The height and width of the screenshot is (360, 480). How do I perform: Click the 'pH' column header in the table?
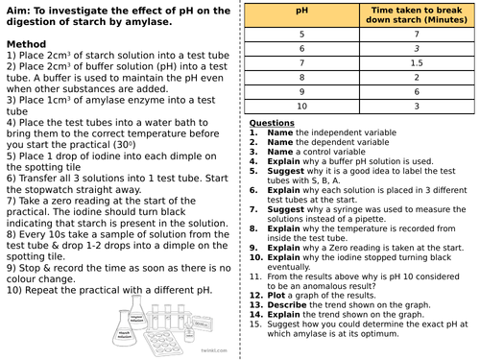[x=301, y=15]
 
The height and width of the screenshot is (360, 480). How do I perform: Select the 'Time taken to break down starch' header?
[x=417, y=15]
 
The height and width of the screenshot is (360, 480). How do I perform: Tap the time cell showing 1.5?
[x=417, y=60]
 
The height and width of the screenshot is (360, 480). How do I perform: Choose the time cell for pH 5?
[x=417, y=32]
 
